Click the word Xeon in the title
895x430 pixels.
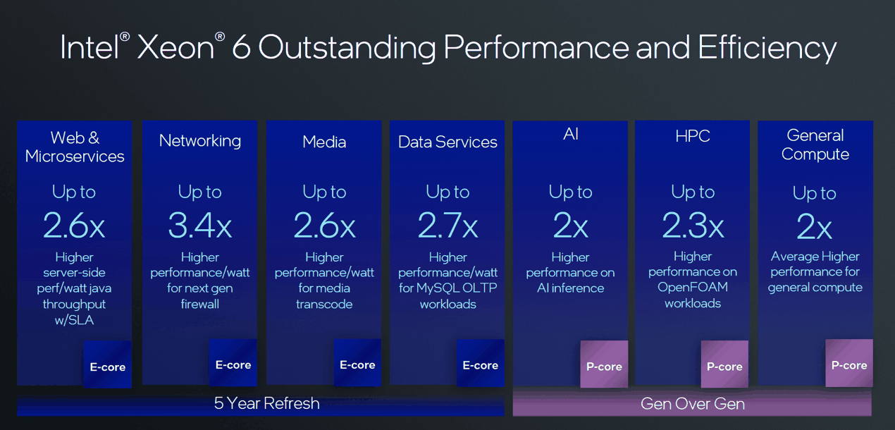[175, 47]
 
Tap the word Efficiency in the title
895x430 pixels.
[767, 47]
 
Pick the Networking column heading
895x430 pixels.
[200, 141]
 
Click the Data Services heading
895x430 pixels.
[447, 142]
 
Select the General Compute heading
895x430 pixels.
[815, 145]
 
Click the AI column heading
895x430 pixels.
[571, 134]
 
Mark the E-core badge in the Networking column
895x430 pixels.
[233, 364]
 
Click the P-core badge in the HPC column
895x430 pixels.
[724, 366]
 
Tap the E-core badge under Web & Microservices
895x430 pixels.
[108, 367]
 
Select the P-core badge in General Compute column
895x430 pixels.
[849, 364]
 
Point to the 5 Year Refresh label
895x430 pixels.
[267, 403]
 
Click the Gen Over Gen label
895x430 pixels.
[693, 404]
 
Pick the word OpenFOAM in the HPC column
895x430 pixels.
[693, 288]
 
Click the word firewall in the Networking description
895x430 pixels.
[200, 304]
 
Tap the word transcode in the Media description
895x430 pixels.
[324, 304]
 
